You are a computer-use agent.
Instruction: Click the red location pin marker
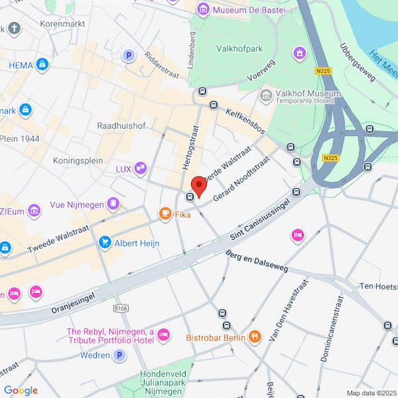click(198, 184)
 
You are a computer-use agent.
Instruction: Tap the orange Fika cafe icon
click(164, 214)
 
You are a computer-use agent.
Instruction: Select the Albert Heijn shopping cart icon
click(105, 243)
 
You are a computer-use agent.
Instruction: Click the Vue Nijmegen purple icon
click(114, 203)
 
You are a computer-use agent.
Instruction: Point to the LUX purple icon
click(140, 168)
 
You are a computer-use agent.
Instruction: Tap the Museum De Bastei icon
click(203, 9)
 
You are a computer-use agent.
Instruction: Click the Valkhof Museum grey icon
click(266, 96)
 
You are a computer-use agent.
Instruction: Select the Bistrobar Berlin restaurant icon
click(255, 337)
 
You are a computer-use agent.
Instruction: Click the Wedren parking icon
click(119, 356)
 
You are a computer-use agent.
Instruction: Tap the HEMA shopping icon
click(42, 64)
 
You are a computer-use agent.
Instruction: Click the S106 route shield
click(120, 308)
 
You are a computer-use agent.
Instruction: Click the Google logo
click(21, 390)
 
